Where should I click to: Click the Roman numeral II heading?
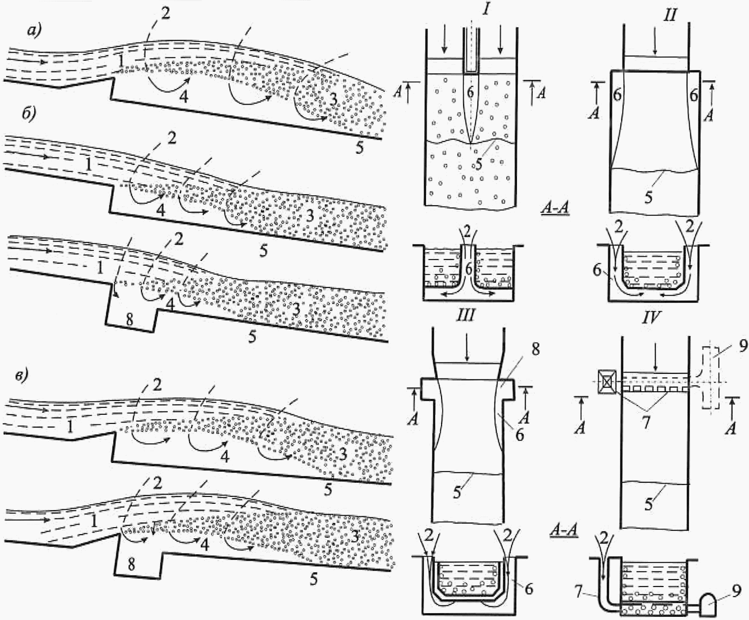point(670,15)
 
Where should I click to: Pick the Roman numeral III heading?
point(465,316)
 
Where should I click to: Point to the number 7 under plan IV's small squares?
point(647,422)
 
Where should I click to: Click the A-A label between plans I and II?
point(554,208)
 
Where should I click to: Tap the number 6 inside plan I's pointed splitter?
point(470,92)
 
